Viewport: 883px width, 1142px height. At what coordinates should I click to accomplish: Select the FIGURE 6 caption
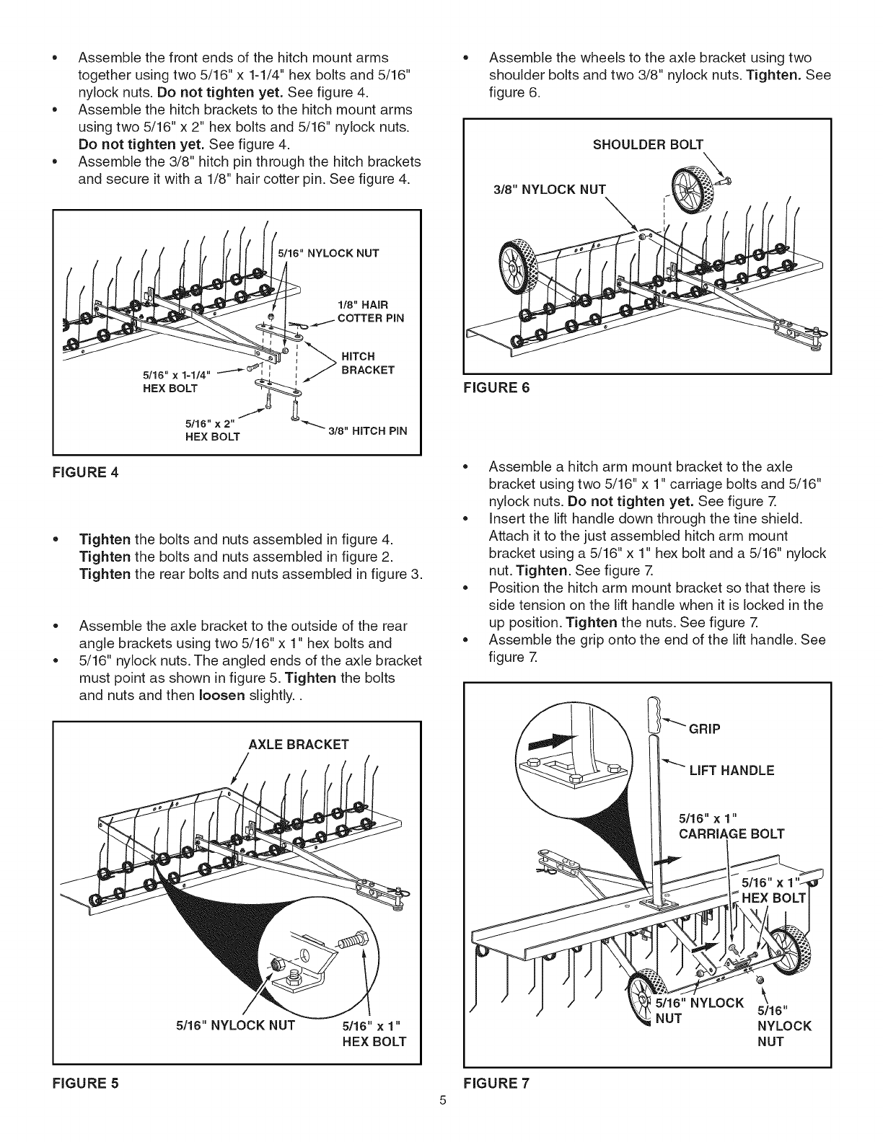(498, 387)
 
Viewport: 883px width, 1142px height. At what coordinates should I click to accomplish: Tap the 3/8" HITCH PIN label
(367, 431)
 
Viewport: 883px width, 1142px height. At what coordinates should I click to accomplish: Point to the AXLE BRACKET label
(298, 744)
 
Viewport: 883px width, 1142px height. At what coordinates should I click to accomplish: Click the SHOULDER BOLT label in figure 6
(647, 143)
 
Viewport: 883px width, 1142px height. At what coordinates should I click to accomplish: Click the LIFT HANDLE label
(731, 770)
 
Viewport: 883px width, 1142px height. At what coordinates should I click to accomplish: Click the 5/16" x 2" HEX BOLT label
(211, 430)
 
